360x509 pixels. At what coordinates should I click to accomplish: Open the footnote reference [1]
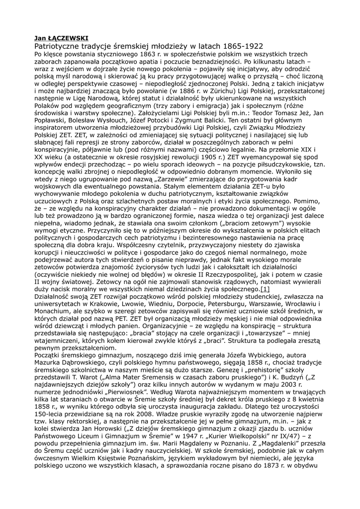[x=265, y=289]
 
